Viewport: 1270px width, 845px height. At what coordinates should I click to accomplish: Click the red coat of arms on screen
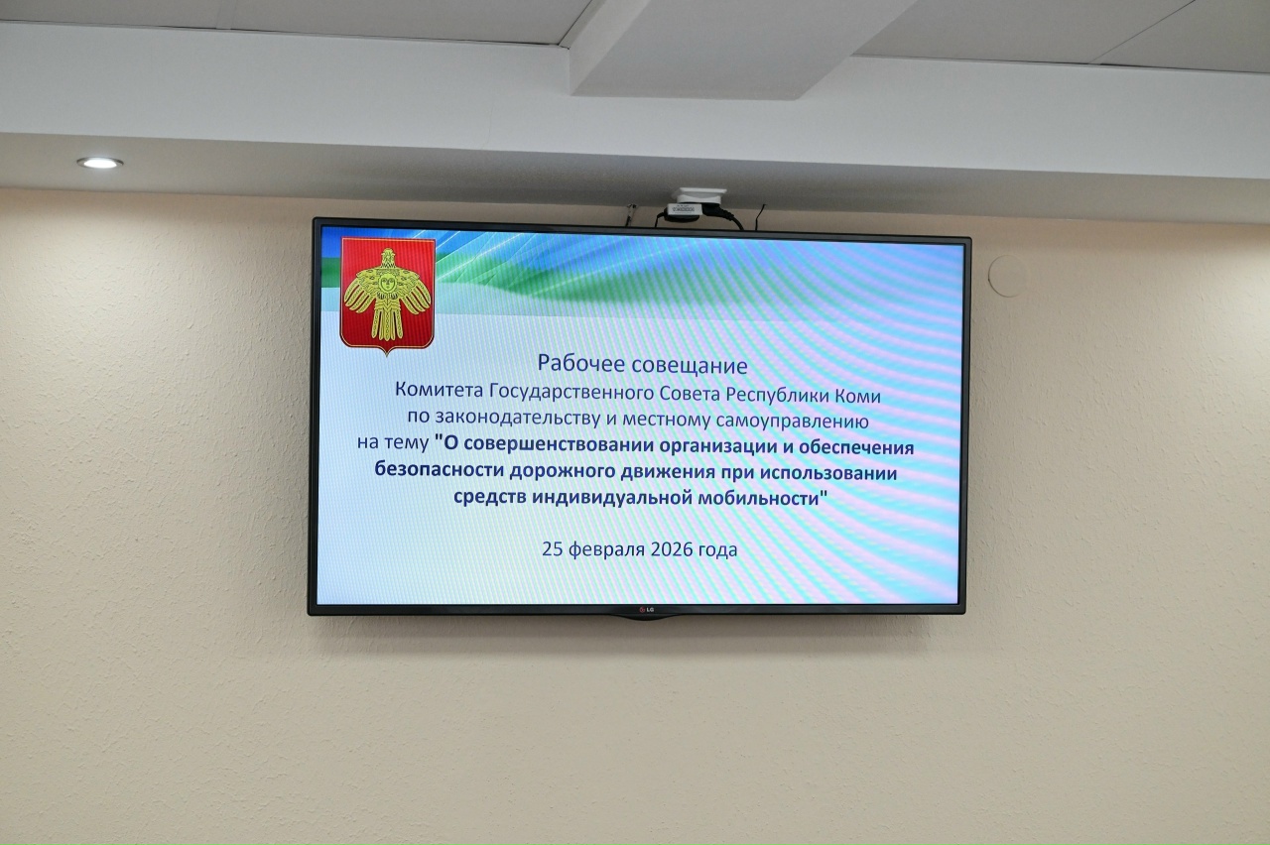tap(388, 295)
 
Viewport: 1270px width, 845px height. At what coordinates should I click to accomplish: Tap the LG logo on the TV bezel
tap(647, 610)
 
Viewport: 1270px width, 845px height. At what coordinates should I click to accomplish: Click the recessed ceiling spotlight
tap(100, 164)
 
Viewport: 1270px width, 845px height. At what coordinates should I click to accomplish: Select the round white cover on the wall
tap(1007, 276)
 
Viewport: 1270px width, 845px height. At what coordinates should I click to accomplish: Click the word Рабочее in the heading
tap(581, 363)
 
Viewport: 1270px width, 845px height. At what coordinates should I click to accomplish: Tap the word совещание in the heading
tap(690, 366)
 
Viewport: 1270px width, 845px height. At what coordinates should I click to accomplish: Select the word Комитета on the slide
tap(440, 390)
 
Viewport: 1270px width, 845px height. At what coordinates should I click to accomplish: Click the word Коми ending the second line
tap(858, 396)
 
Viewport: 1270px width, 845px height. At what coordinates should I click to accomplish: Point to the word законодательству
tap(518, 418)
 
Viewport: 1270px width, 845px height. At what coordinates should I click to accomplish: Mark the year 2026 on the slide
tap(672, 549)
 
